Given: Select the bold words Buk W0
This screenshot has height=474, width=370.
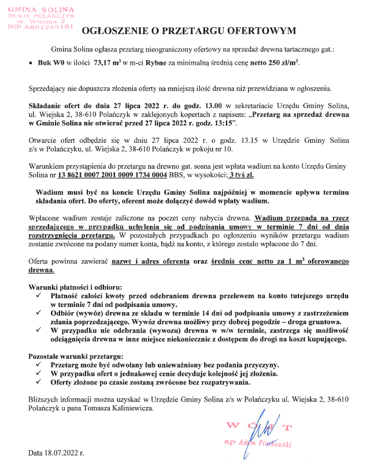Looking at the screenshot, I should click(50, 61).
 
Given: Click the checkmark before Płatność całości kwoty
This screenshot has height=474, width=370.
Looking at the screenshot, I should click(38, 295).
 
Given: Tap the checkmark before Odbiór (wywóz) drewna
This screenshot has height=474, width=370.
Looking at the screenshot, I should click(38, 313).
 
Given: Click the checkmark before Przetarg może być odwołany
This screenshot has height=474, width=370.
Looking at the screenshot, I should click(38, 365).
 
